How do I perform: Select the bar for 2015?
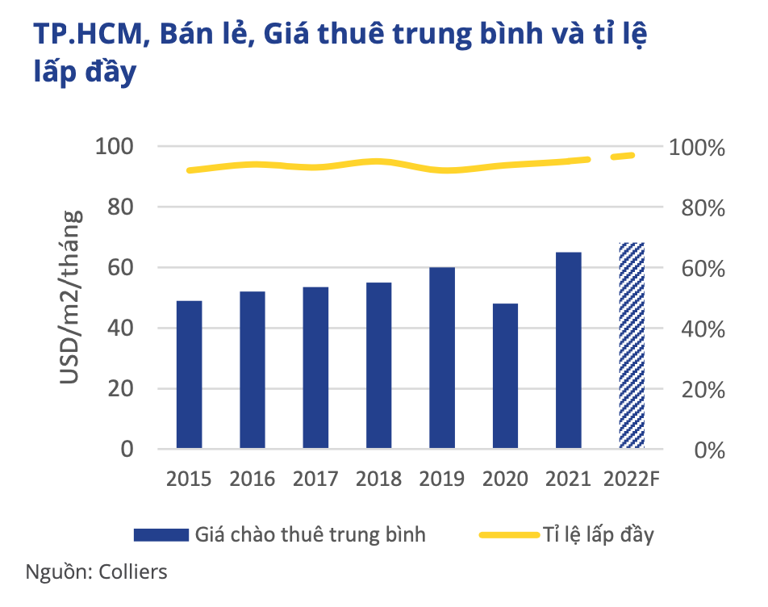189,375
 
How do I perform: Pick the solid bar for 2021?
568,350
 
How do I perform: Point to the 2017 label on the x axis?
315,479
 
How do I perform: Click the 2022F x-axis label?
632,479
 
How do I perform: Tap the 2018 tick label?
378,479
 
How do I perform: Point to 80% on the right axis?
698,208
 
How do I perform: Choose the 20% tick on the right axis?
698,390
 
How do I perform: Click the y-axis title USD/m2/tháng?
72,298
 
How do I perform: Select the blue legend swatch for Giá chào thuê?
161,534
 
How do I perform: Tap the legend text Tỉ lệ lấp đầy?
596,534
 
